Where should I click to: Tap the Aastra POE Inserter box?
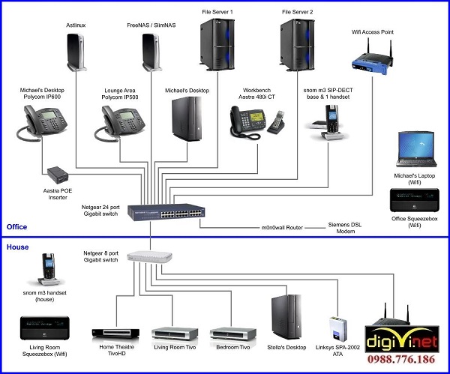(x=58, y=176)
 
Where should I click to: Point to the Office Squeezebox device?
(x=413, y=201)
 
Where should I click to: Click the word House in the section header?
(x=19, y=246)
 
